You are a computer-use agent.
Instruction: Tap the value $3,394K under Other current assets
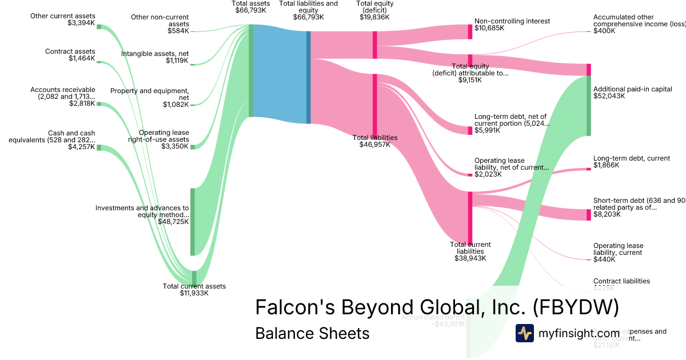click(82, 23)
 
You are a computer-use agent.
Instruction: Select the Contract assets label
click(70, 51)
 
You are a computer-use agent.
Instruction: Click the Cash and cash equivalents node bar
click(99, 147)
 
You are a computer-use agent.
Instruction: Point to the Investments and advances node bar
click(193, 222)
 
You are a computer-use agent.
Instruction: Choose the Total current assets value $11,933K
click(194, 293)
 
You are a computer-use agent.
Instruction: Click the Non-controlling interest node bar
click(470, 31)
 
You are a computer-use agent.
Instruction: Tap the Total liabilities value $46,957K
click(374, 145)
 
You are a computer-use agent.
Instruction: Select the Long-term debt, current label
click(631, 158)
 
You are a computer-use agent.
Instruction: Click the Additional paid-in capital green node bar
click(588, 106)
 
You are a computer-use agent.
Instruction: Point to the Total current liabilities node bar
click(470, 217)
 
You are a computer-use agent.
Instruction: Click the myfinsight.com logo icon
click(524, 333)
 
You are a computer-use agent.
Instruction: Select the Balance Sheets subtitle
click(312, 333)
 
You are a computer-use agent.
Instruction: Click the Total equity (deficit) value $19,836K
click(374, 17)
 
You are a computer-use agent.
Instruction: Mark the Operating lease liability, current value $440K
click(604, 259)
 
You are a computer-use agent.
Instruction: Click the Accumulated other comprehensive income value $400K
click(604, 31)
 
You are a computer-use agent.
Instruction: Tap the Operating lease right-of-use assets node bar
click(193, 147)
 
